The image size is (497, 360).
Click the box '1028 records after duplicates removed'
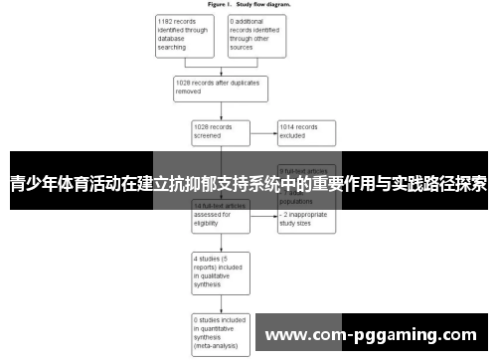(221, 87)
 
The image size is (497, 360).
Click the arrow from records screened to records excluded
(263, 132)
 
